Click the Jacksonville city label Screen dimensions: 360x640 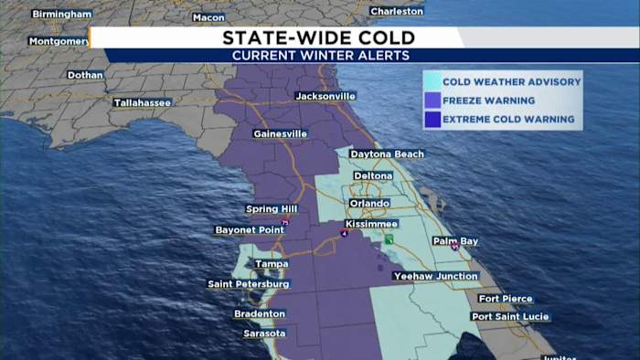pyautogui.click(x=325, y=96)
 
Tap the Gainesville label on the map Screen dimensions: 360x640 pyautogui.click(x=280, y=133)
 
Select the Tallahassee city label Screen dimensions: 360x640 pyautogui.click(x=142, y=102)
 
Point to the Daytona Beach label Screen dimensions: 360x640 pyautogui.click(x=387, y=154)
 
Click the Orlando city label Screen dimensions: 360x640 pyautogui.click(x=369, y=203)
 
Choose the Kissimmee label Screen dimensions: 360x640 pyautogui.click(x=371, y=224)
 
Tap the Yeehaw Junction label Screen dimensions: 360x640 pyautogui.click(x=435, y=276)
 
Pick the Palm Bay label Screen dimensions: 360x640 pyautogui.click(x=455, y=241)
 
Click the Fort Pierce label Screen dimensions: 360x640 pyautogui.click(x=505, y=299)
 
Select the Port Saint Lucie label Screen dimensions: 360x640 pyautogui.click(x=510, y=316)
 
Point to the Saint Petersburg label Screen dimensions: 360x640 pyautogui.click(x=249, y=284)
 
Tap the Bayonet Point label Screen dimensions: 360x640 pyautogui.click(x=250, y=230)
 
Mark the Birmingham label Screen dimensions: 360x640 pyautogui.click(x=61, y=15)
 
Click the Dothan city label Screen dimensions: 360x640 pyautogui.click(x=85, y=75)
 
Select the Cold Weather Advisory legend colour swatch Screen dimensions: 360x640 pyautogui.click(x=432, y=82)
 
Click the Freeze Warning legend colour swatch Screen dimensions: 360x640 pyautogui.click(x=432, y=101)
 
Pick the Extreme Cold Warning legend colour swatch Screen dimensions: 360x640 pyautogui.click(x=432, y=120)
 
